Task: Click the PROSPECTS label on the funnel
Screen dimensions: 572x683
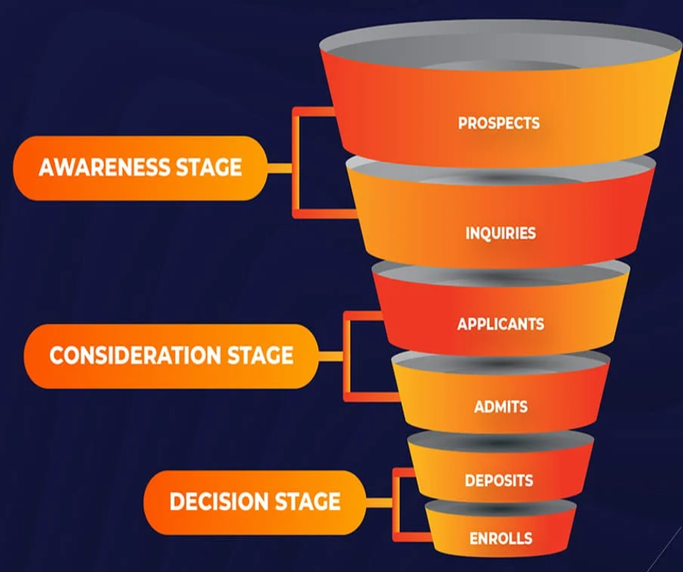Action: point(498,123)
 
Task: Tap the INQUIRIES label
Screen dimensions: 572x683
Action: point(501,233)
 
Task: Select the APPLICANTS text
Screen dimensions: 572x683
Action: point(501,324)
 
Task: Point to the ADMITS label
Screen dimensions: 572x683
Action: point(501,406)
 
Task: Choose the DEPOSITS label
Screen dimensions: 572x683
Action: point(499,481)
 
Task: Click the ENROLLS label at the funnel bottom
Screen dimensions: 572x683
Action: point(501,539)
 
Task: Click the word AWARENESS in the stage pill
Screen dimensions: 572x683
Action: point(103,168)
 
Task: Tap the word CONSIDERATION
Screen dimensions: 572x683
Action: point(135,356)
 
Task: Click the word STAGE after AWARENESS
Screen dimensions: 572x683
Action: point(209,168)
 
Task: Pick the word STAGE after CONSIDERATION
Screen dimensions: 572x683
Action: point(261,356)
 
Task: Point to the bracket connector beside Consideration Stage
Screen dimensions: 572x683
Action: point(347,356)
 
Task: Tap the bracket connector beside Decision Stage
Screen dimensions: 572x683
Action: point(395,502)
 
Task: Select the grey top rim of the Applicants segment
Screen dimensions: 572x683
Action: point(501,271)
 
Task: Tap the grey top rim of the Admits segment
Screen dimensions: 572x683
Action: point(501,361)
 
